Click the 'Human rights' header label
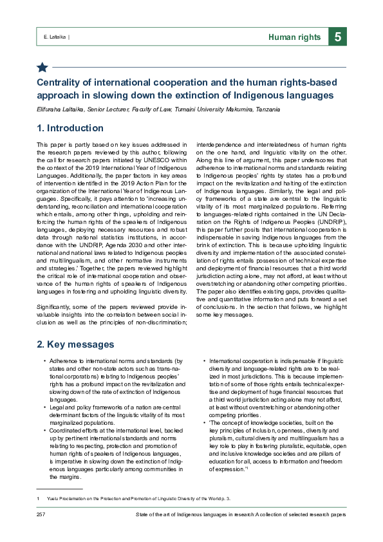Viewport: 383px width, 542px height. pyautogui.click(x=295, y=37)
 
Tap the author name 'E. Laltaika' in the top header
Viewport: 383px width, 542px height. pyautogui.click(x=50, y=37)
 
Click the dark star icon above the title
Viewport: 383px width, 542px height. pyautogui.click(x=42, y=67)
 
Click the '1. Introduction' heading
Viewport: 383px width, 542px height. pyautogui.click(x=70, y=128)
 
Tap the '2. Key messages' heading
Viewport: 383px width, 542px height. pyautogui.click(x=75, y=344)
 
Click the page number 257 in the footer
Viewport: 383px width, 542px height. pyautogui.click(x=41, y=516)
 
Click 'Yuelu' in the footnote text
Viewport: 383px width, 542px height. pyautogui.click(x=53, y=500)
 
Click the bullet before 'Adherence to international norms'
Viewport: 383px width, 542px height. pyautogui.click(x=44, y=362)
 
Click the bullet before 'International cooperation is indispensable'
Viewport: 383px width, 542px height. pyautogui.click(x=204, y=362)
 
